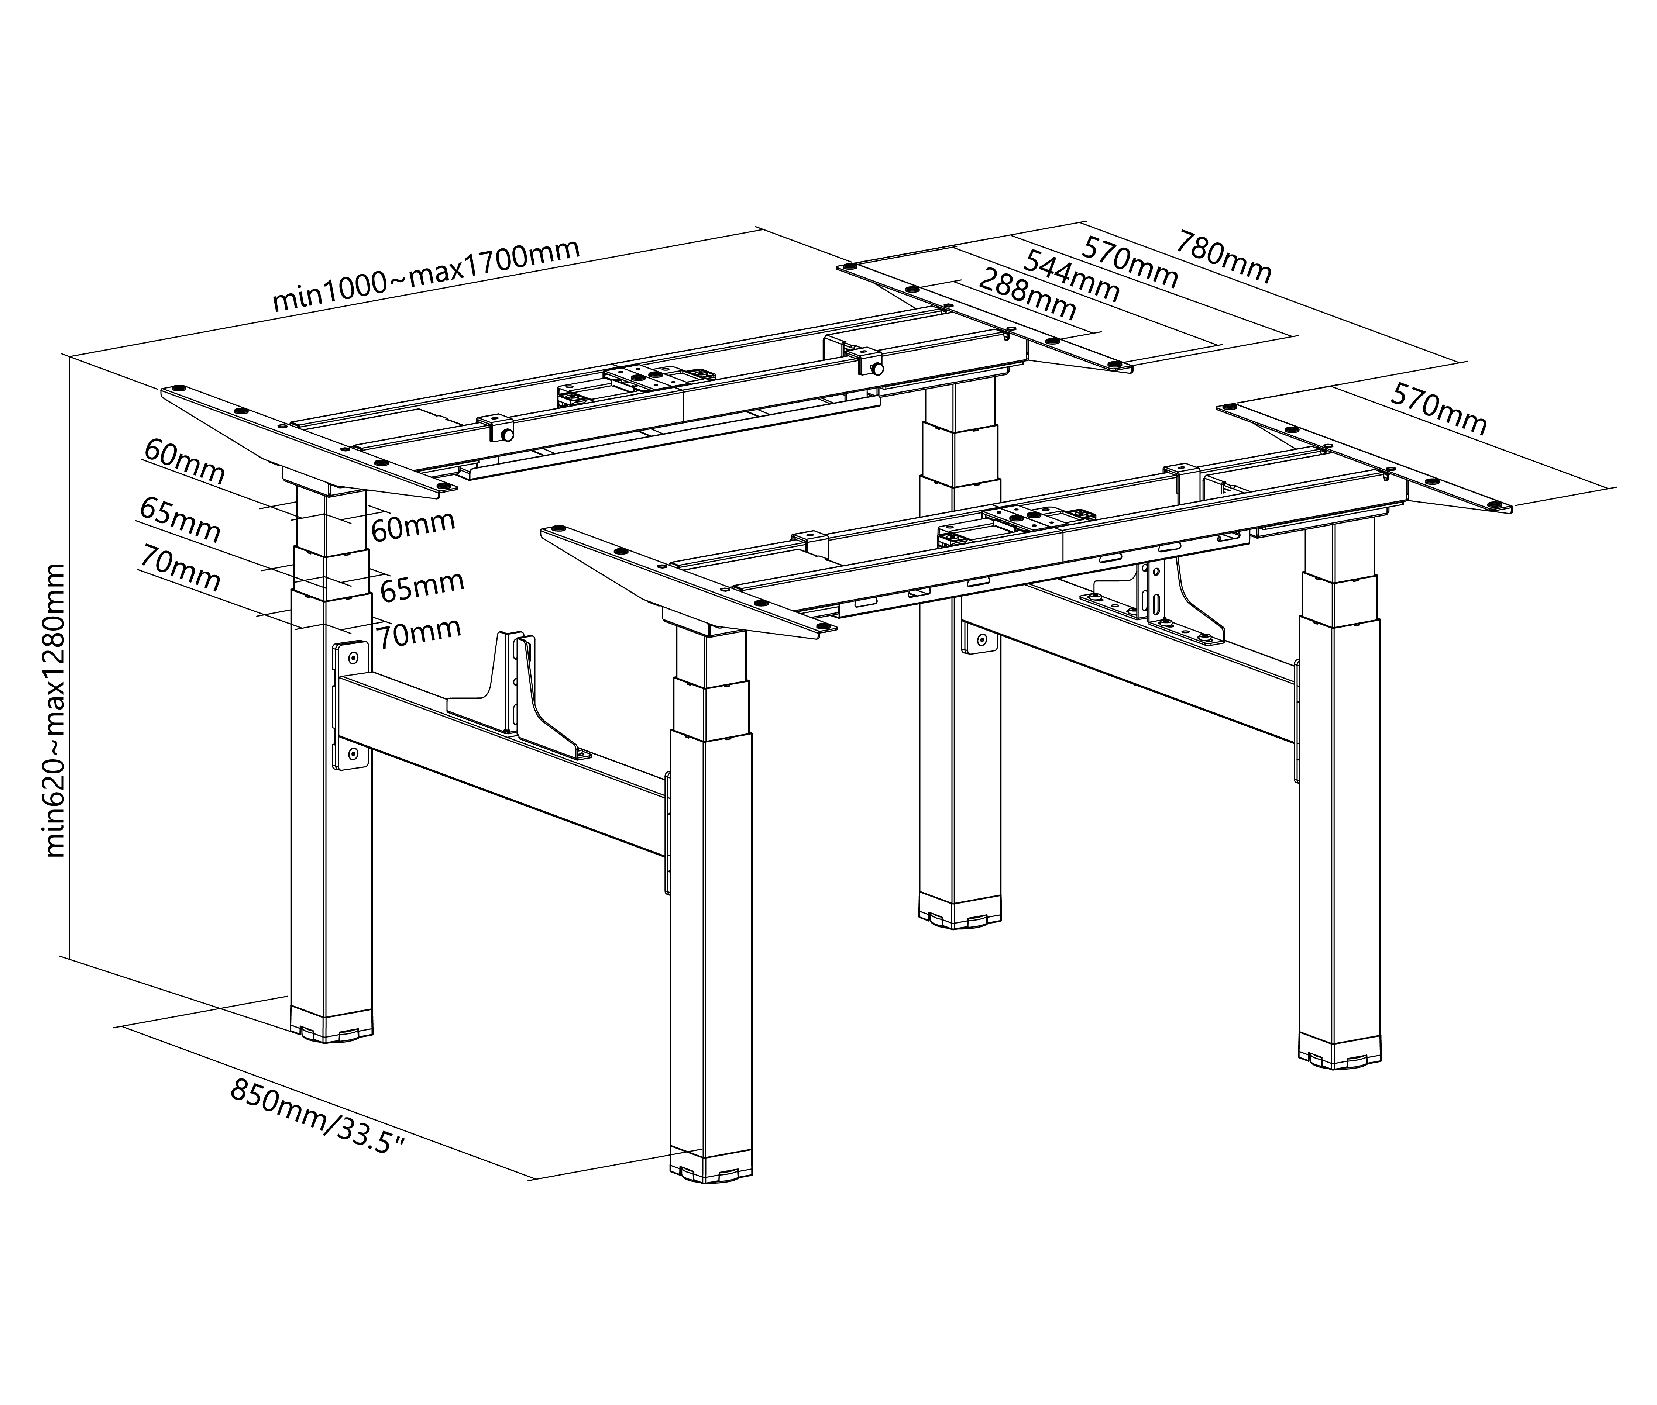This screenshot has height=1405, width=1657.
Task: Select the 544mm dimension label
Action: pos(1072,276)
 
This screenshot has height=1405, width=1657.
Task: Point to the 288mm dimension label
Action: pos(1028,293)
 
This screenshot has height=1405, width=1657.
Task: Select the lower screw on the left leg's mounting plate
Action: pos(353,753)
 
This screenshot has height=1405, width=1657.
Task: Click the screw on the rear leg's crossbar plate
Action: pos(982,639)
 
